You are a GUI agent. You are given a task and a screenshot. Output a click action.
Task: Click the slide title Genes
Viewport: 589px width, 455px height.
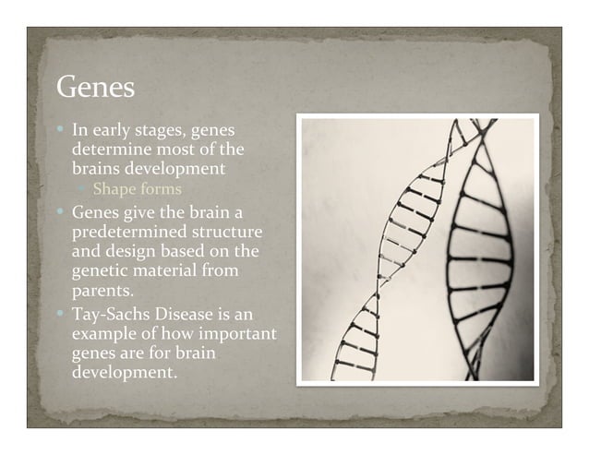tap(96, 88)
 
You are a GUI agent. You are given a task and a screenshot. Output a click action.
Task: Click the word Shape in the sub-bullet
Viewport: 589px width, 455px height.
tap(113, 189)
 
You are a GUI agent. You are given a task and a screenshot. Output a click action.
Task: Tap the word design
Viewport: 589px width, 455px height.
tap(134, 251)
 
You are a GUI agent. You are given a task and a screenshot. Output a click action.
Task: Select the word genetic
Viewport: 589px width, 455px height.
tap(99, 271)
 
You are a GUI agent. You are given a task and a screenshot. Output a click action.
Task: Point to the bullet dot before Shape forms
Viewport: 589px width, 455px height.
tap(82, 190)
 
